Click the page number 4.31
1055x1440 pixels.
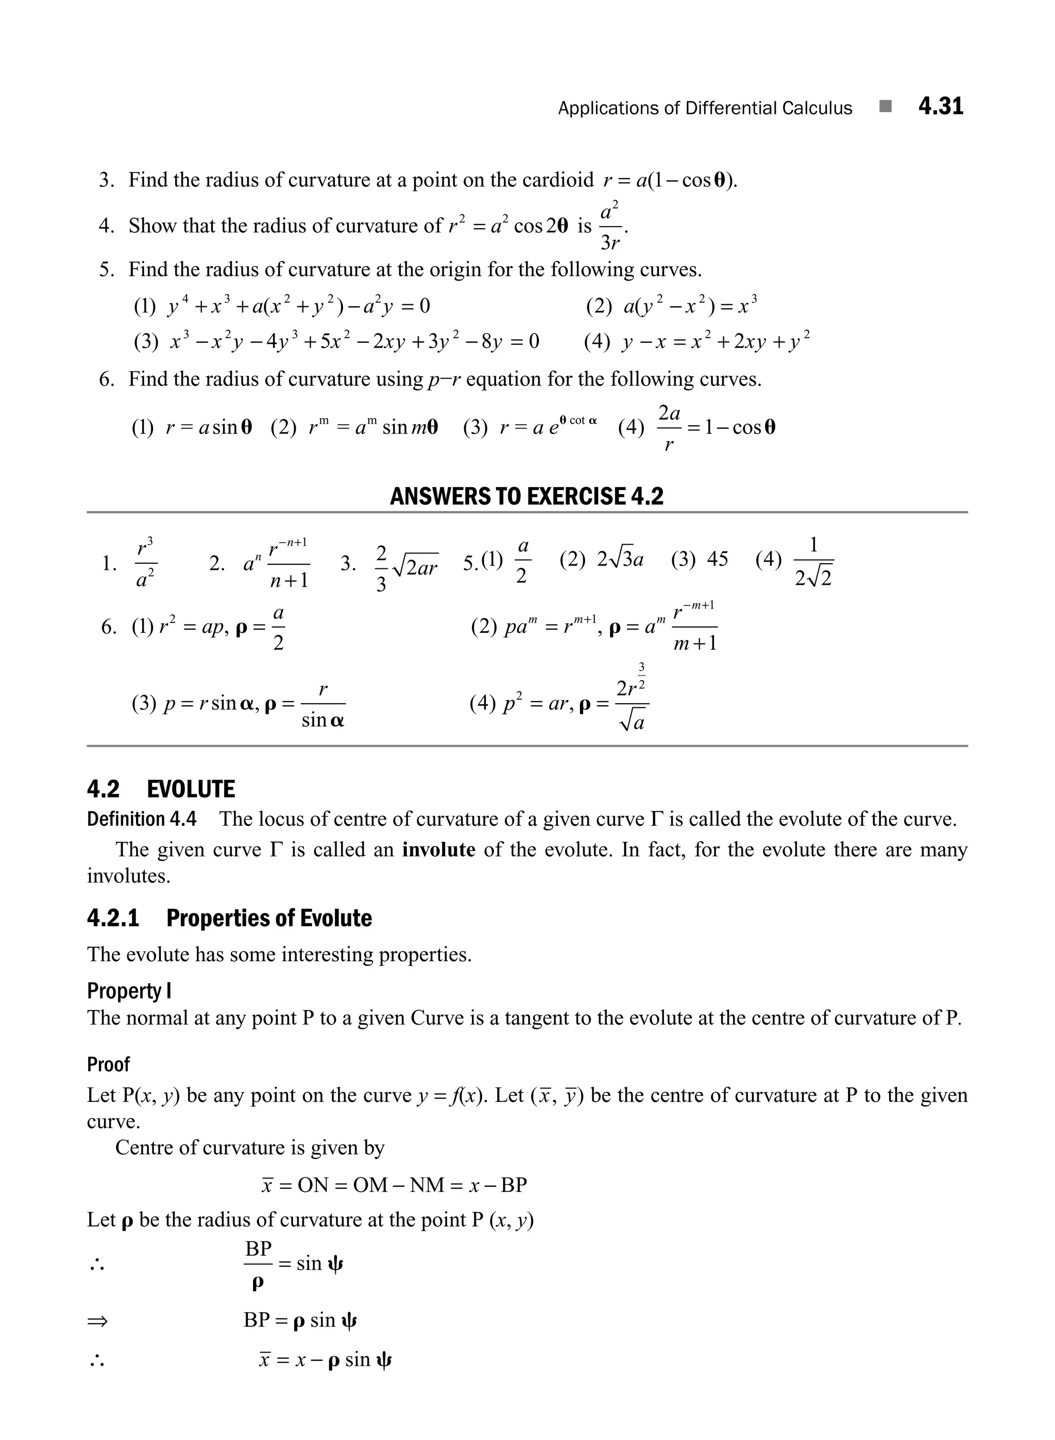[940, 106]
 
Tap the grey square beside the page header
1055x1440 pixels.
[884, 107]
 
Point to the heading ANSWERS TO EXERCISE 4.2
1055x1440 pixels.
[526, 496]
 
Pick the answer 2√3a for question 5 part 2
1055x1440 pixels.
[620, 560]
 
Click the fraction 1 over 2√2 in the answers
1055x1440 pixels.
[813, 562]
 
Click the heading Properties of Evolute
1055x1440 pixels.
[269, 918]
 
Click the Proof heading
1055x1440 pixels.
[108, 1064]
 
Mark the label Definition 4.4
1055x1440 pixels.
[142, 819]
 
